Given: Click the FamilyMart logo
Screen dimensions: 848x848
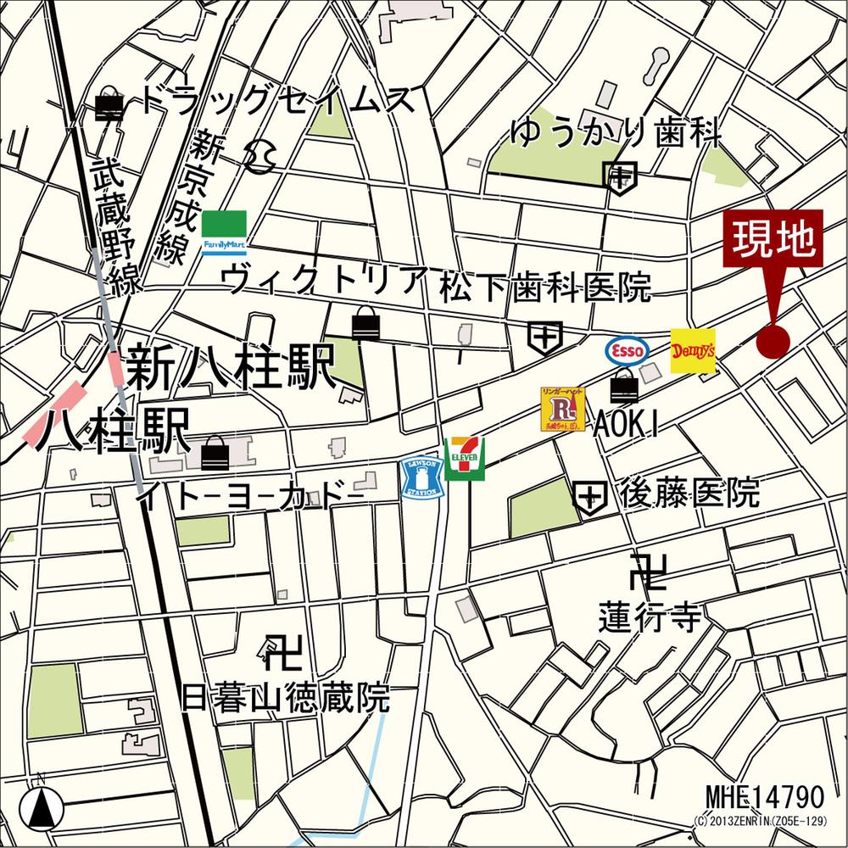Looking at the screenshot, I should [x=224, y=233].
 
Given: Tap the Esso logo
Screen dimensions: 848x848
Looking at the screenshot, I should [x=627, y=349].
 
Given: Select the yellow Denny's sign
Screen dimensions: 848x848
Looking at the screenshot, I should [x=693, y=351].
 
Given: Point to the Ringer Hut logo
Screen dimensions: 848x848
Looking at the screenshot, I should [x=562, y=409].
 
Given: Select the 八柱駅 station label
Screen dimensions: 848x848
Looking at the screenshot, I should [x=116, y=431].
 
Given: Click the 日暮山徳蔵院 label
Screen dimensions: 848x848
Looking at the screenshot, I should [x=286, y=697].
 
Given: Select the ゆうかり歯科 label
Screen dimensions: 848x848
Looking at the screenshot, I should [x=616, y=133].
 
